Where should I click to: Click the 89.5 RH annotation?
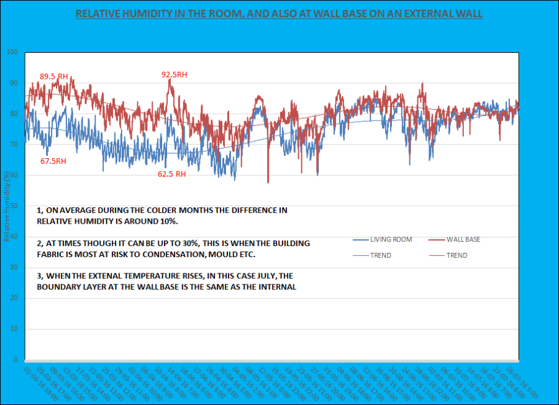[53, 76]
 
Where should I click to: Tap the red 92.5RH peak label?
[174, 75]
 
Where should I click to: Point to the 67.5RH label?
[53, 161]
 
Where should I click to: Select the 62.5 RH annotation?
[171, 175]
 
